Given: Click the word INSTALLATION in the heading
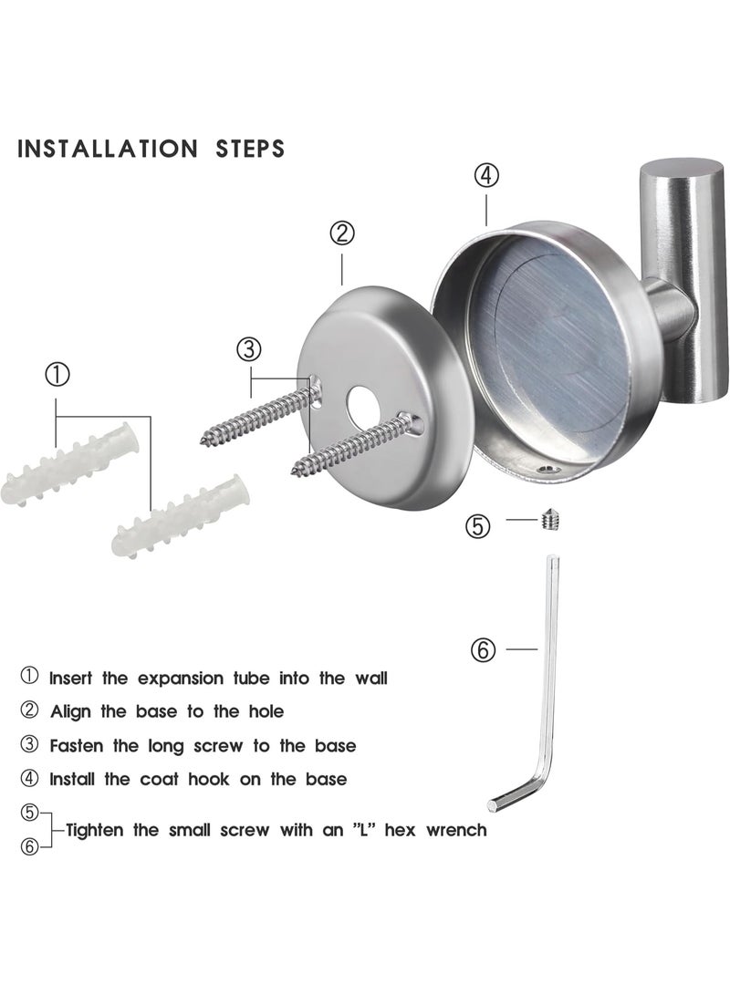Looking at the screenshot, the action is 108,150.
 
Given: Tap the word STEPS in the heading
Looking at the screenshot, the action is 250,150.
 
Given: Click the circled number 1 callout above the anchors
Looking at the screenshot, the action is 57,375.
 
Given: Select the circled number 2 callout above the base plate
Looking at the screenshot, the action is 342,233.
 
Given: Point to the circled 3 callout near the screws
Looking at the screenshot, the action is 249,349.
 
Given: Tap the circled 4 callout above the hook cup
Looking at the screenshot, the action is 487,175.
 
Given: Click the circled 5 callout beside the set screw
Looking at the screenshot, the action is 478,525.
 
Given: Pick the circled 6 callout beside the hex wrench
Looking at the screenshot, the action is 483,649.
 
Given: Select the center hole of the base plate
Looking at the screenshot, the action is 360,402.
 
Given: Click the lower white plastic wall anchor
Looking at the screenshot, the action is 181,514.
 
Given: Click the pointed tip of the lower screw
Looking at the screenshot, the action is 294,472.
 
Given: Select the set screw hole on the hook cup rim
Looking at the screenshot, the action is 547,471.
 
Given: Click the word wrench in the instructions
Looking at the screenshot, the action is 456,830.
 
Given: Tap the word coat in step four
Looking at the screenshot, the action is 160,779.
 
